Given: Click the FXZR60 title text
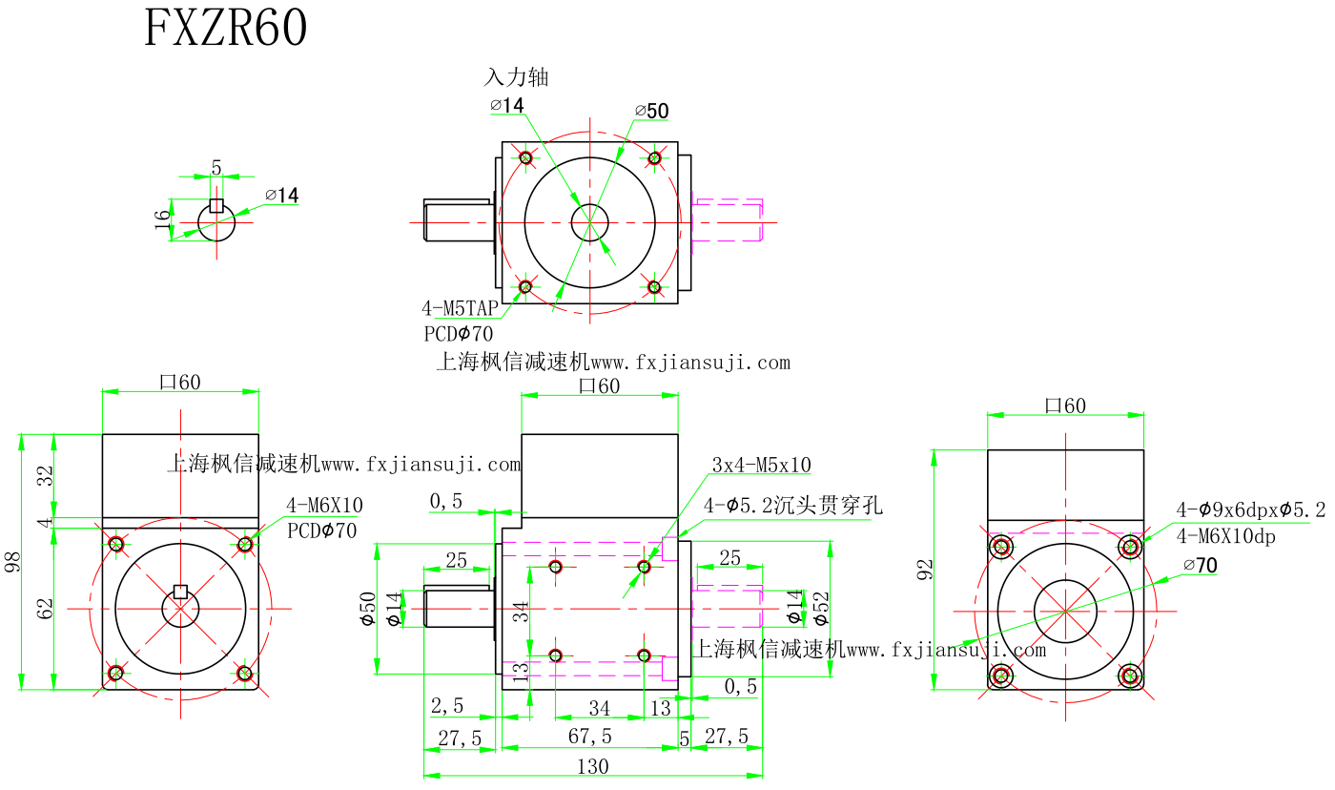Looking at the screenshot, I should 226,29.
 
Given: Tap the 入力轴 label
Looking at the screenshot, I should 517,77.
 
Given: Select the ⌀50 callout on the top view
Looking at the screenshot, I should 652,112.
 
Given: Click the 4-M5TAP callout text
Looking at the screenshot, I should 460,308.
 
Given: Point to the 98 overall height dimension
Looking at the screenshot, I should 13,561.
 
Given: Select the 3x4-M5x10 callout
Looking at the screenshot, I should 761,466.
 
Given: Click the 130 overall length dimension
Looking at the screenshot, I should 592,766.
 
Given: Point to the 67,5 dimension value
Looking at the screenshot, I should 590,737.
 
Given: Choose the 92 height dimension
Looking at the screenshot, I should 925,570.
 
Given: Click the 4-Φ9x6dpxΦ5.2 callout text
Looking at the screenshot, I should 1250,510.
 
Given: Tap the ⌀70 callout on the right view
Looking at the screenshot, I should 1200,566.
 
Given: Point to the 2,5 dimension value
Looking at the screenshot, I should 447,707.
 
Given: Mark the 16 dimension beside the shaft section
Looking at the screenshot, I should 163,221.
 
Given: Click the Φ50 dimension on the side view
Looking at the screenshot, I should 368,608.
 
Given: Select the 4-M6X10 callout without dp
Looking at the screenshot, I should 324,506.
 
